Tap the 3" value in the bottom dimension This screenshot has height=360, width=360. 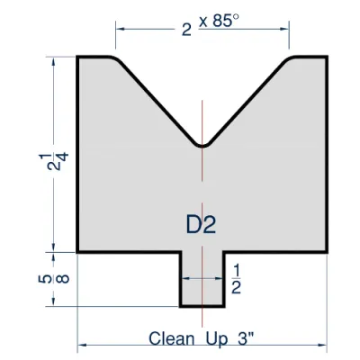pos(247,339)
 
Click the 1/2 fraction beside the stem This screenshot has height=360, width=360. pos(237,279)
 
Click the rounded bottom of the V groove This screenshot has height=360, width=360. pos(202,144)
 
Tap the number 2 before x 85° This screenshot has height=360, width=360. pos(186,28)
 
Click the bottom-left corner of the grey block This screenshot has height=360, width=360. pos(78,252)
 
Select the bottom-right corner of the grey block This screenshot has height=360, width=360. pos(326,252)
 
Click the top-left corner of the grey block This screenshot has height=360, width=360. pos(78,58)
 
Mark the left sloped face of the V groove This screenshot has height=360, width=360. pos(157,101)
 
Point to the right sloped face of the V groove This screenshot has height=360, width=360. pos(247,101)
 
